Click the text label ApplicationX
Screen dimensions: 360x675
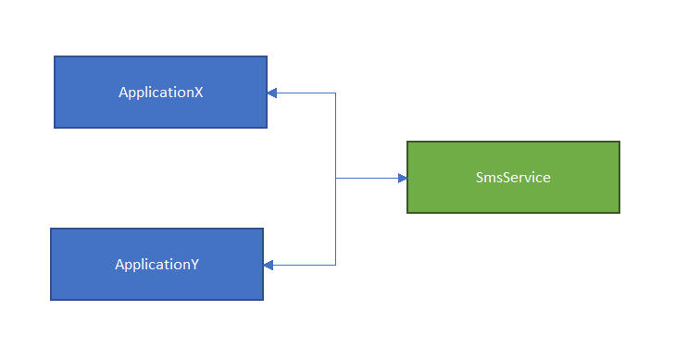click(160, 93)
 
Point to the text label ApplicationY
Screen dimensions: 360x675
click(156, 265)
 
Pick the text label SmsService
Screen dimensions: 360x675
click(512, 178)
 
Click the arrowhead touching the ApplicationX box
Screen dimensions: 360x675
click(272, 93)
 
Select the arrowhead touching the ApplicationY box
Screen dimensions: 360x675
click(269, 266)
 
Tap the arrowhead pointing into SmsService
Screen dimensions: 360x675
click(402, 178)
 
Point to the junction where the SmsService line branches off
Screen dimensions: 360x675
click(335, 178)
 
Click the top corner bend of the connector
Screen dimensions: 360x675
click(335, 93)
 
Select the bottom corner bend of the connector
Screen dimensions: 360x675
click(335, 266)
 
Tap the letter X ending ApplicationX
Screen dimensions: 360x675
click(198, 93)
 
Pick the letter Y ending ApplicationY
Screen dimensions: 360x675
click(194, 265)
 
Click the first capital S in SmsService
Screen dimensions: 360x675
click(478, 178)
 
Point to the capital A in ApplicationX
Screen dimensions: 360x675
click(123, 93)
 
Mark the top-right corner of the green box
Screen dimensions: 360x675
click(619, 142)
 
